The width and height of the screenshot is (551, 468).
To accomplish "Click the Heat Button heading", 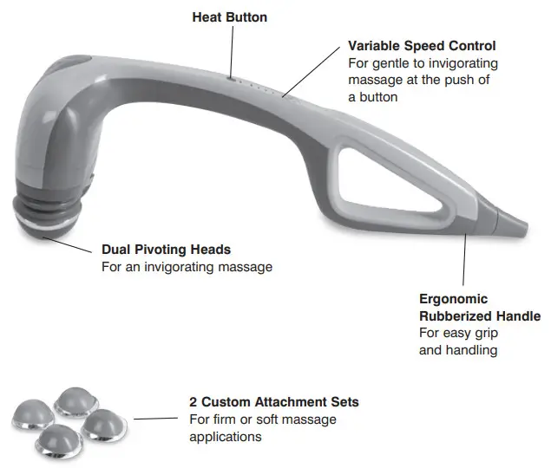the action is [231, 16].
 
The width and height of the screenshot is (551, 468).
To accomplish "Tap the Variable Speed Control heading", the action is [423, 45].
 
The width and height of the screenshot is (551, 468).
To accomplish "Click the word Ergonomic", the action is [453, 298].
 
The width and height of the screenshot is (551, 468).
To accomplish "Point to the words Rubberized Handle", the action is [480, 316].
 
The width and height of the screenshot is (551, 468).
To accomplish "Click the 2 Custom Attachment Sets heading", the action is [274, 402].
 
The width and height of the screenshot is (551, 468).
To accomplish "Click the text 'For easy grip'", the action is [458, 334].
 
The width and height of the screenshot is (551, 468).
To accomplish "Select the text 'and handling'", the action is [458, 351].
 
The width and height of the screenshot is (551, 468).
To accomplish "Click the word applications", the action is [226, 437].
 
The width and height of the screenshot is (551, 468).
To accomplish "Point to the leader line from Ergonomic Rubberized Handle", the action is [466, 260].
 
